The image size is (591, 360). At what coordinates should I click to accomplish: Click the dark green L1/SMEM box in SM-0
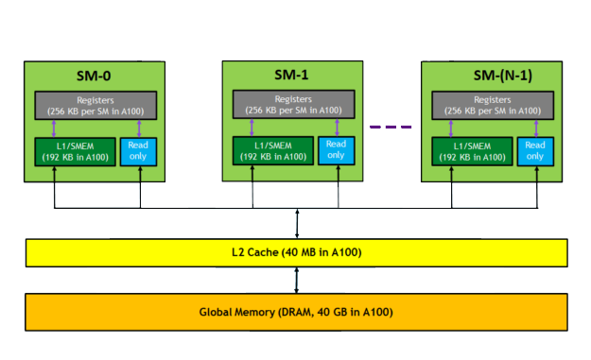76,151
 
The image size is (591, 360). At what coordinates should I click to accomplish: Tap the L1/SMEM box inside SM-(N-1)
473,151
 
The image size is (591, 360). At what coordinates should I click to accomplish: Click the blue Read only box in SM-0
138,151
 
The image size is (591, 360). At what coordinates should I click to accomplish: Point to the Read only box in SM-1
337,150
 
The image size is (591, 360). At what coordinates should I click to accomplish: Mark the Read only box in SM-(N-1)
535,151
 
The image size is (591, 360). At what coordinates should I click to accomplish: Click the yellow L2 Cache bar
295,252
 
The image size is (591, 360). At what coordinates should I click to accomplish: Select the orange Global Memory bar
295,311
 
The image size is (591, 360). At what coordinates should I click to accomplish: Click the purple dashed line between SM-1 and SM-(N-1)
391,127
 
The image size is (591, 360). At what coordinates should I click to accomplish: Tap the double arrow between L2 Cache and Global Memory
298,280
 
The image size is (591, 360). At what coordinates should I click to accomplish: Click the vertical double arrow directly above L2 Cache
298,223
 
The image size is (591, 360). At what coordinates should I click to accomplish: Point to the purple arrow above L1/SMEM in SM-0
55,129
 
